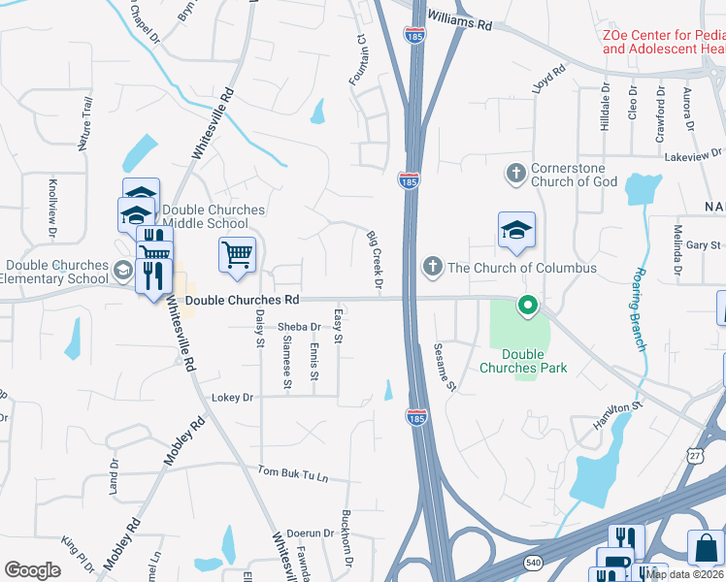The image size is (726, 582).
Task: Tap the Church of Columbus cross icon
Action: [x=432, y=266]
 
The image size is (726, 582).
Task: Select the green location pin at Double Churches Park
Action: [x=528, y=307]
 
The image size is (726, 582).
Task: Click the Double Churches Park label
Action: [x=523, y=362]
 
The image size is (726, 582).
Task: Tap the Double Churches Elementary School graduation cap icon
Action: [x=122, y=270]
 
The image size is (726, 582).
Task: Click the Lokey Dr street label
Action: [x=232, y=398]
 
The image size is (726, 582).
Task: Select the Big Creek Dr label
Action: [x=375, y=259]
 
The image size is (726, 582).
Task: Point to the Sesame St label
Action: [x=445, y=367]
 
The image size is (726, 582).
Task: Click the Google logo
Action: [x=33, y=570]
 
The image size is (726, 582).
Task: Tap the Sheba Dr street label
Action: [x=299, y=327]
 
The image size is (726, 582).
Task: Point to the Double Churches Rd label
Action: [x=241, y=301]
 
